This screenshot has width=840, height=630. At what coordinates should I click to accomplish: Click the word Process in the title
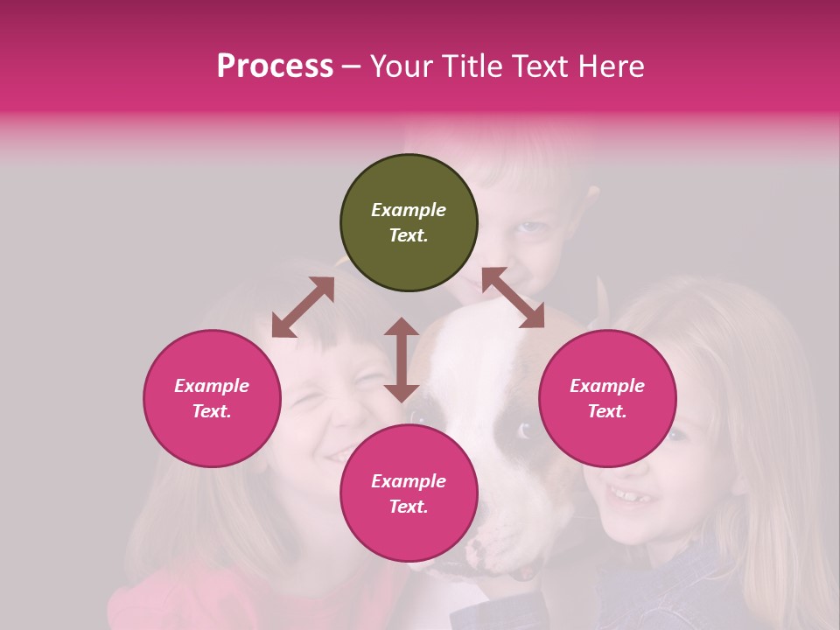coord(275,66)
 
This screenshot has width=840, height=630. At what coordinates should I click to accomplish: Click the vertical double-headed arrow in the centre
coord(402,360)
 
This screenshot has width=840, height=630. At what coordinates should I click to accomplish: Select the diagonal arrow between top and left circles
coord(303,307)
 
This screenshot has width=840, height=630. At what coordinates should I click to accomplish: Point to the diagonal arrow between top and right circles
coord(513,297)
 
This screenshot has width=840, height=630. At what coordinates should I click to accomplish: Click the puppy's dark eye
coord(525,430)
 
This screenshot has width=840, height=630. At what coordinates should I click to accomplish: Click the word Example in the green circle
coord(409,210)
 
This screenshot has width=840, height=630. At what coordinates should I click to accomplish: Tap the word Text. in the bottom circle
coord(409,507)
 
